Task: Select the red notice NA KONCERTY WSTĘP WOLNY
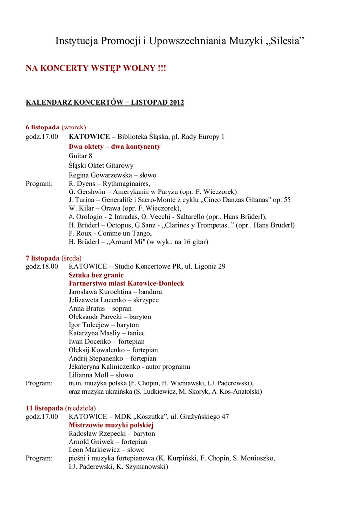[x=96, y=68]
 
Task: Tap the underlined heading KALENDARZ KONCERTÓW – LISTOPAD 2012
[x=105, y=103]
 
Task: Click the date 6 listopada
[x=42, y=127]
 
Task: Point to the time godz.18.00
[x=42, y=266]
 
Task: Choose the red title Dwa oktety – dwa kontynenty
[x=115, y=147]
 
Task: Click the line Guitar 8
[x=80, y=156]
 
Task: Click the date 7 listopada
[x=42, y=258]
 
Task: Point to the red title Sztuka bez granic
[x=96, y=275]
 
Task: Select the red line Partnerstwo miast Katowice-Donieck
[x=126, y=283]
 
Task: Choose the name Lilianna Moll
[x=88, y=375]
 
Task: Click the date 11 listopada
[x=44, y=408]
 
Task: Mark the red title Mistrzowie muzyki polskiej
[x=111, y=425]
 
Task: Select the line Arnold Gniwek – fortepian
[x=108, y=442]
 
